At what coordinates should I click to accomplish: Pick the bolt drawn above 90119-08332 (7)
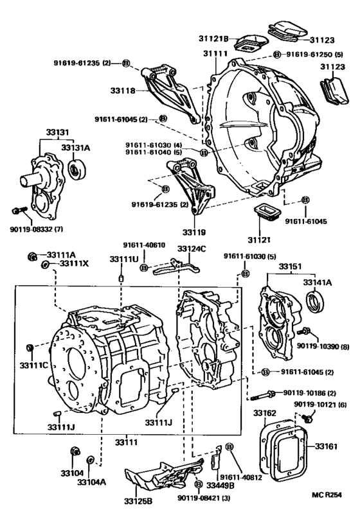click(x=19, y=210)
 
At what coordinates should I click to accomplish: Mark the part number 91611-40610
click(x=144, y=245)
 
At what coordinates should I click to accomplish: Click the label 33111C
click(x=32, y=365)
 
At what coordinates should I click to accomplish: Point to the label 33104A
click(x=91, y=480)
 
